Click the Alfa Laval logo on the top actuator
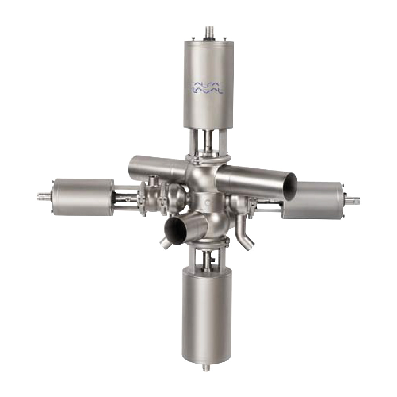click(x=208, y=88)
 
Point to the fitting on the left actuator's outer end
click(x=44, y=195)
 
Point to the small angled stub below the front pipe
click(x=164, y=244)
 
